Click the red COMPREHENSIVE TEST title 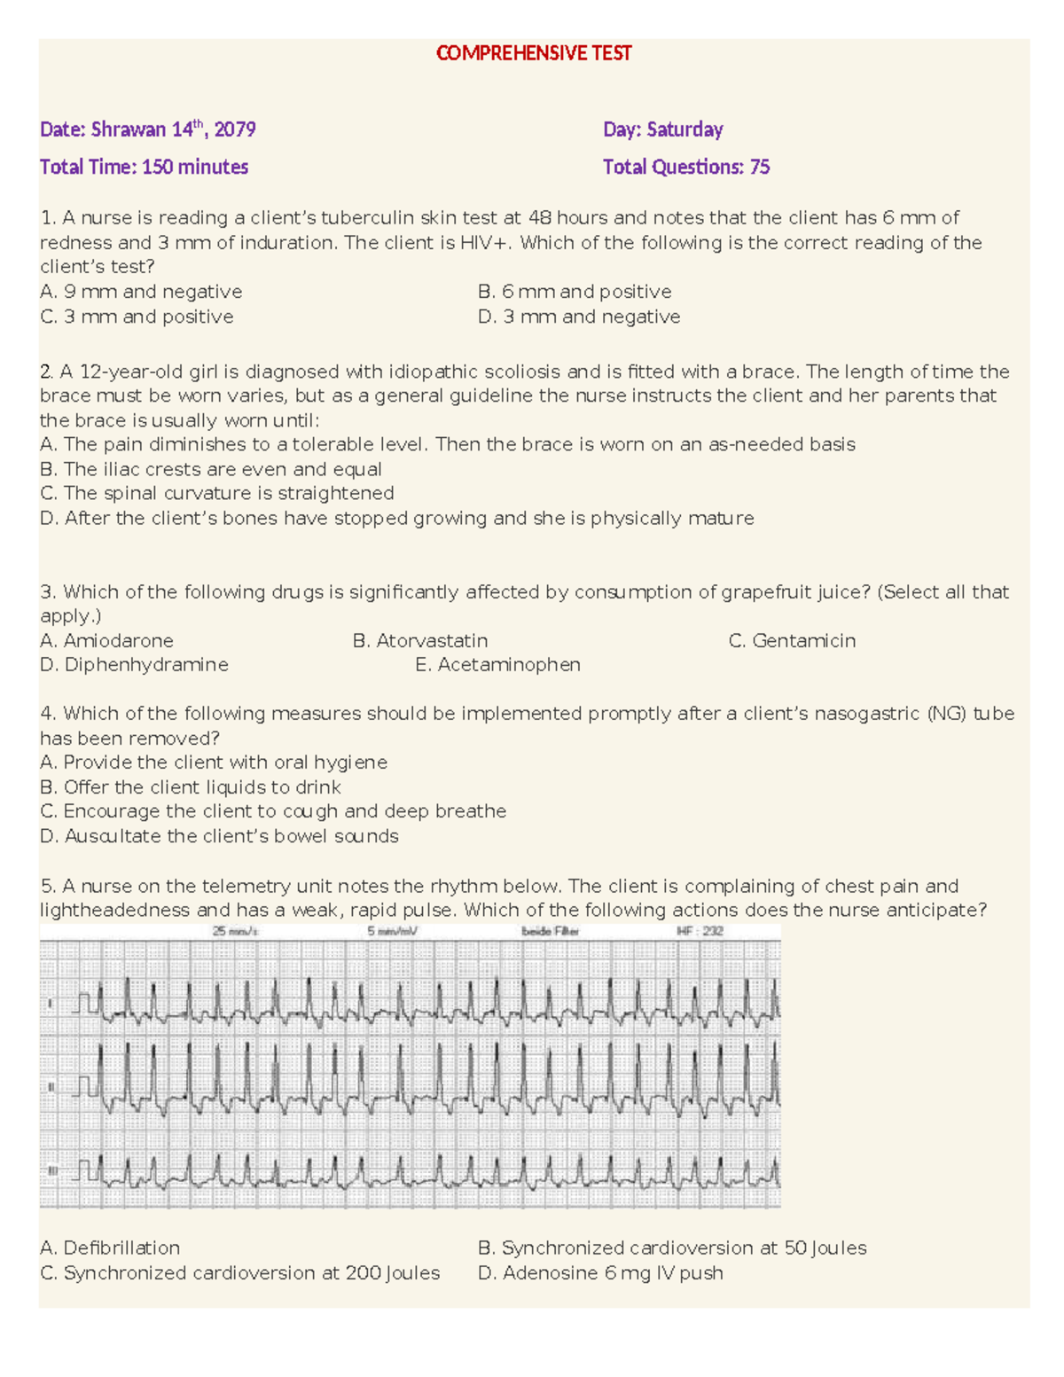coord(533,53)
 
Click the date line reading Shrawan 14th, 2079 coord(148,129)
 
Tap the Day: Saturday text coord(662,129)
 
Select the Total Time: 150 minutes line coord(144,167)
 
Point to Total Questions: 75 coord(685,167)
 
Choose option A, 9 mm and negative coord(141,292)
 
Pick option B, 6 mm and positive coord(574,292)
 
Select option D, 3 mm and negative coord(578,317)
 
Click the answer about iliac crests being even coord(211,469)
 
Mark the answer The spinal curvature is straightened coord(217,493)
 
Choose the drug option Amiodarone coord(106,640)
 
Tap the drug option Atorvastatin coord(419,640)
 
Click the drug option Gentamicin coord(792,640)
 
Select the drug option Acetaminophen coord(497,664)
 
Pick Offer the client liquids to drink coord(191,787)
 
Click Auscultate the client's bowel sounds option coord(219,836)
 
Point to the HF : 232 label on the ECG coord(700,932)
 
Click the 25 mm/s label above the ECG coord(235,932)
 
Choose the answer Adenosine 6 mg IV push coord(600,1273)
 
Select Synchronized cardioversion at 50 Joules coord(671,1248)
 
